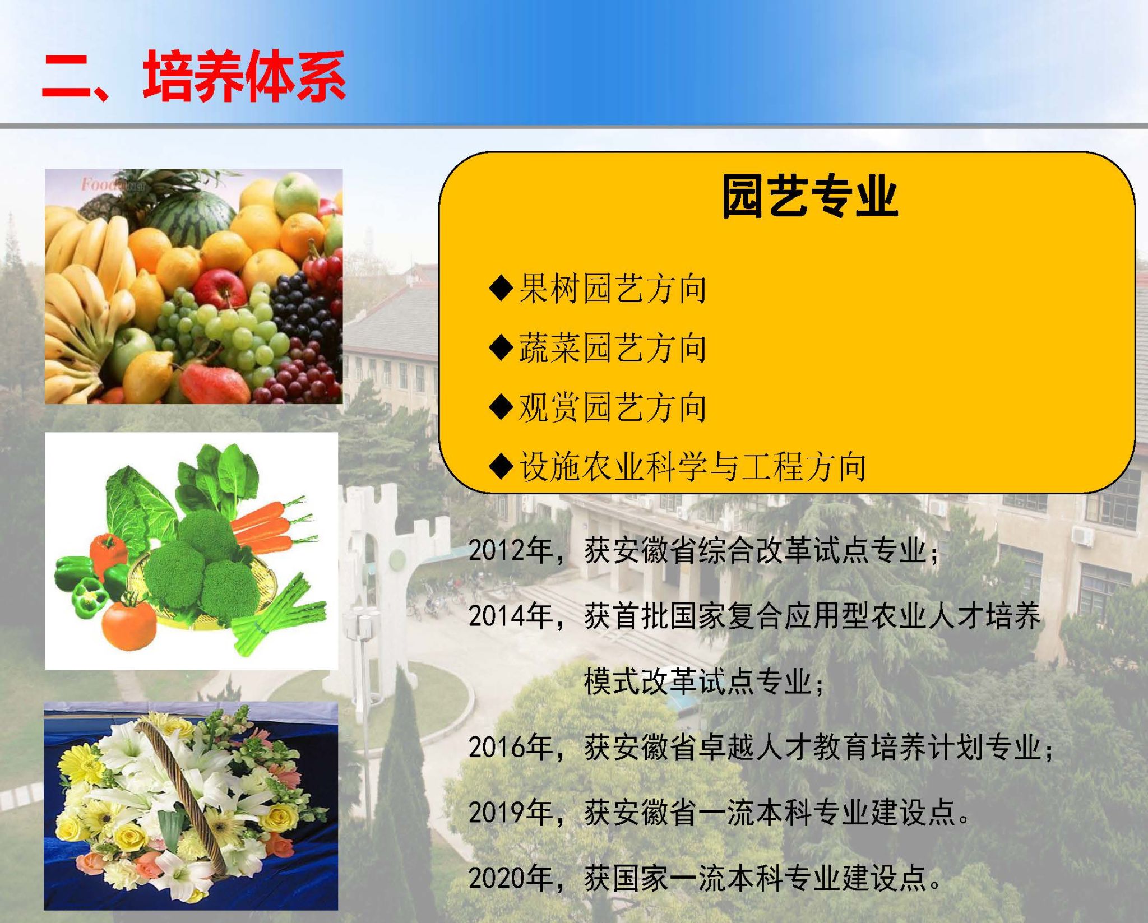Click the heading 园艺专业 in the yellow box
(809, 196)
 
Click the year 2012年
(511, 550)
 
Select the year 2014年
(511, 616)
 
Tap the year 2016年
(511, 747)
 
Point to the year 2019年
(511, 812)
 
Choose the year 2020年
(511, 878)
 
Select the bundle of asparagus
(277, 616)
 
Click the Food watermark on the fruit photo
(113, 184)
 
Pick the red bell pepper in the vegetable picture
(109, 553)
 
